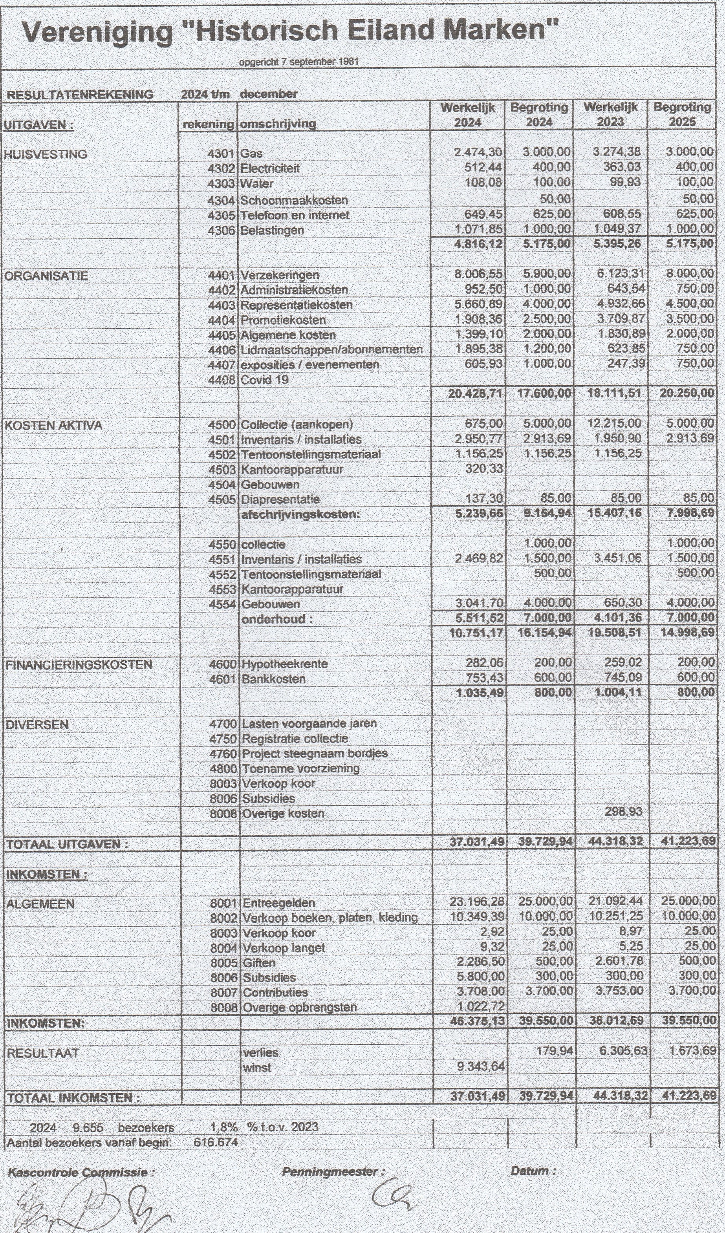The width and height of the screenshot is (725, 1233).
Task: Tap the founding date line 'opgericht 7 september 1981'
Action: coord(299,62)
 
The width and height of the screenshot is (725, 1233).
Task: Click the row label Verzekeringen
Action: coord(279,275)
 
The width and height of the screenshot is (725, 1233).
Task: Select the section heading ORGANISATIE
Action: coord(46,276)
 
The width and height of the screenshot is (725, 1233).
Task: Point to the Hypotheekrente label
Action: coord(285,664)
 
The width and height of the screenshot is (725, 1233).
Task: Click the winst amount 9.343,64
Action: coord(480,1067)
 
